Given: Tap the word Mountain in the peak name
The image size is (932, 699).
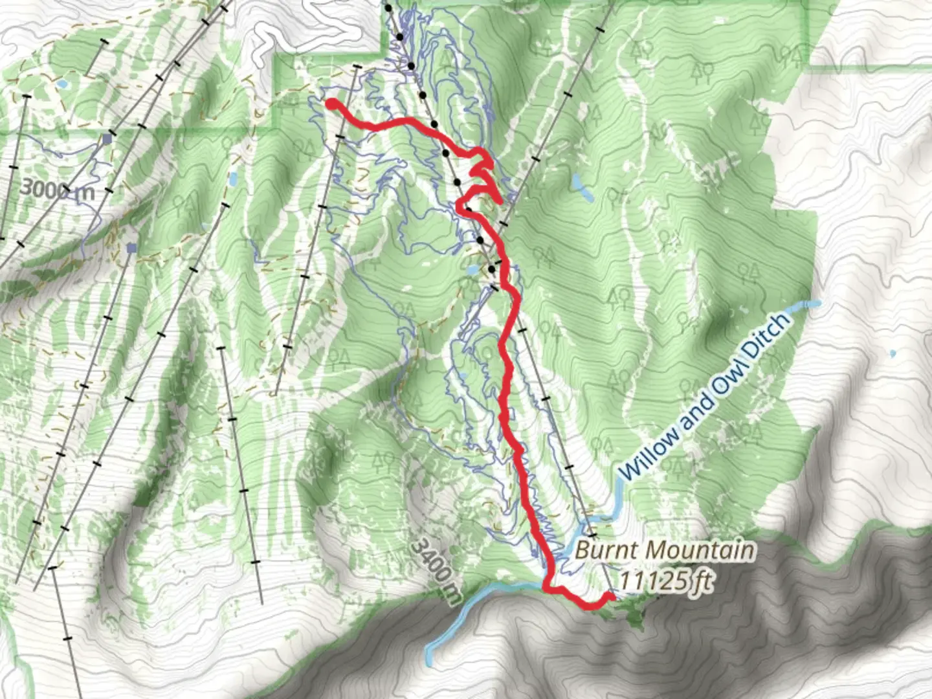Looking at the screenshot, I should pyautogui.click(x=700, y=551).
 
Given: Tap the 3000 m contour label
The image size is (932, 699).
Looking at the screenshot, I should pyautogui.click(x=57, y=190).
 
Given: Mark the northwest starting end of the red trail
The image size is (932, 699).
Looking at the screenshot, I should pyautogui.click(x=330, y=104).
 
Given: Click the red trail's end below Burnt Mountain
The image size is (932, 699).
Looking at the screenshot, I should pyautogui.click(x=609, y=596).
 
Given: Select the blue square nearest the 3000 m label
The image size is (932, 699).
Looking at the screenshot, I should pyautogui.click(x=107, y=139).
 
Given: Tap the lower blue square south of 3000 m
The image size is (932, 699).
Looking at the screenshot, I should pyautogui.click(x=133, y=248).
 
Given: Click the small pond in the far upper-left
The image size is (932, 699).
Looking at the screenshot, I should pyautogui.click(x=62, y=84).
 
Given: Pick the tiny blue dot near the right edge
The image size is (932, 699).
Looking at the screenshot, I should pyautogui.click(x=893, y=354).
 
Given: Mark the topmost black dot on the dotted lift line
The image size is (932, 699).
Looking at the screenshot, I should pyautogui.click(x=388, y=8).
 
